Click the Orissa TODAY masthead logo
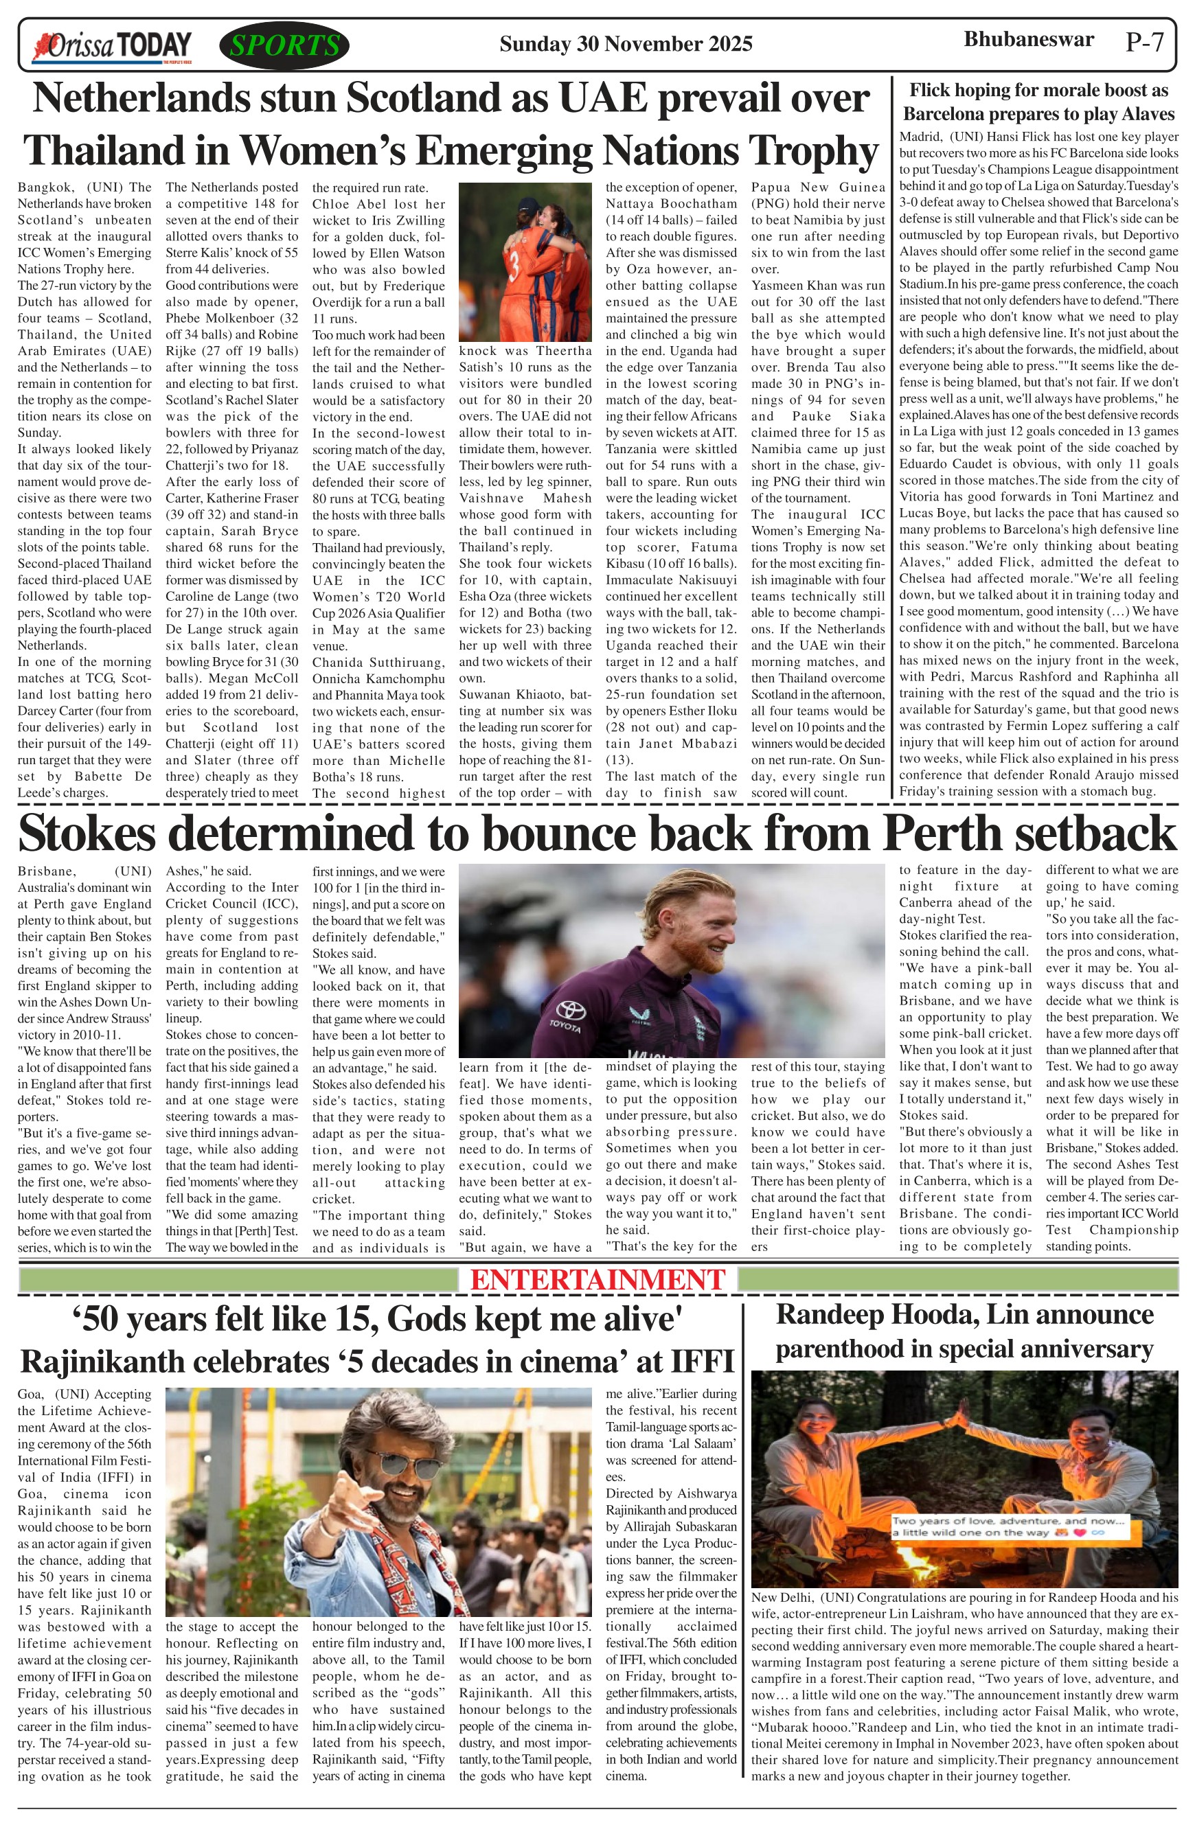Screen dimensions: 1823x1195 click(x=112, y=46)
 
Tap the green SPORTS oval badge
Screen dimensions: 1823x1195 click(x=284, y=46)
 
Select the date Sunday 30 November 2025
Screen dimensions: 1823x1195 click(x=625, y=44)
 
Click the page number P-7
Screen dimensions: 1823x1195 click(x=1144, y=42)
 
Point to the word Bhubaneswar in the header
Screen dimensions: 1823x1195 click(x=1028, y=39)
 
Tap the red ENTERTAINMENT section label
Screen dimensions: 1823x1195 click(x=597, y=1280)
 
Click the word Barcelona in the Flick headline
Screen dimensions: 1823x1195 click(x=951, y=114)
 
